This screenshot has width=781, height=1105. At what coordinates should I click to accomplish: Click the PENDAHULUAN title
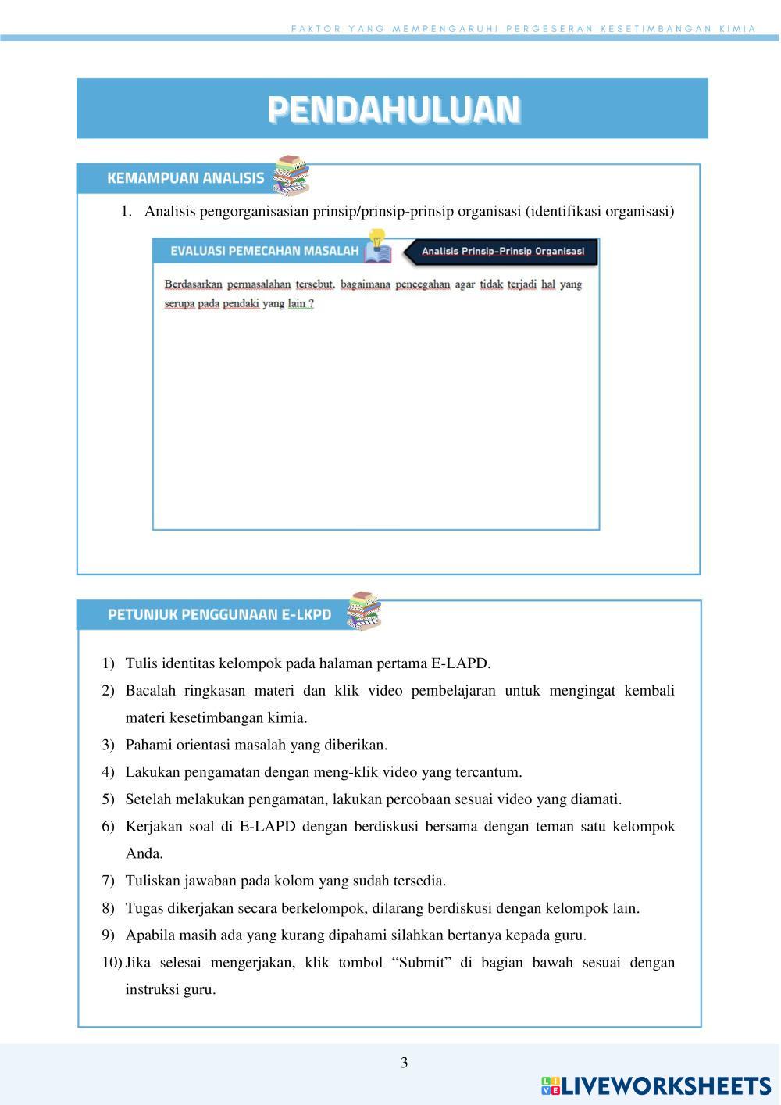point(393,109)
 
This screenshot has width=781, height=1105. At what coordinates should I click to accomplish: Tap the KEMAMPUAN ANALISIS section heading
point(185,178)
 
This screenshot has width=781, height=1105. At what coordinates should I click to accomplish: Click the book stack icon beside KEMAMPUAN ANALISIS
point(291,176)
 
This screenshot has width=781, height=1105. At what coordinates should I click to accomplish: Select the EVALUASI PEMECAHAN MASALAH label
point(264,251)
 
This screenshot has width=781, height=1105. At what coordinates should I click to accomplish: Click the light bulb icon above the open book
point(377,238)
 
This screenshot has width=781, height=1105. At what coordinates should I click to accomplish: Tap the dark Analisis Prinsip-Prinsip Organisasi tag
point(502,252)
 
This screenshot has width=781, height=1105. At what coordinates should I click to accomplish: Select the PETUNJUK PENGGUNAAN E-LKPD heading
point(219,614)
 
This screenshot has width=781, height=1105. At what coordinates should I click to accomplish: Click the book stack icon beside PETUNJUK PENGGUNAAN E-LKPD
point(364,611)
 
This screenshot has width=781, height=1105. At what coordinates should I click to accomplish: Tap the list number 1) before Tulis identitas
point(108,663)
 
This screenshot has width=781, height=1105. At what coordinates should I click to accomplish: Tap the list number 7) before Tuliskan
point(108,881)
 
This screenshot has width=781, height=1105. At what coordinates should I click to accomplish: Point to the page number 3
point(404,1063)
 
